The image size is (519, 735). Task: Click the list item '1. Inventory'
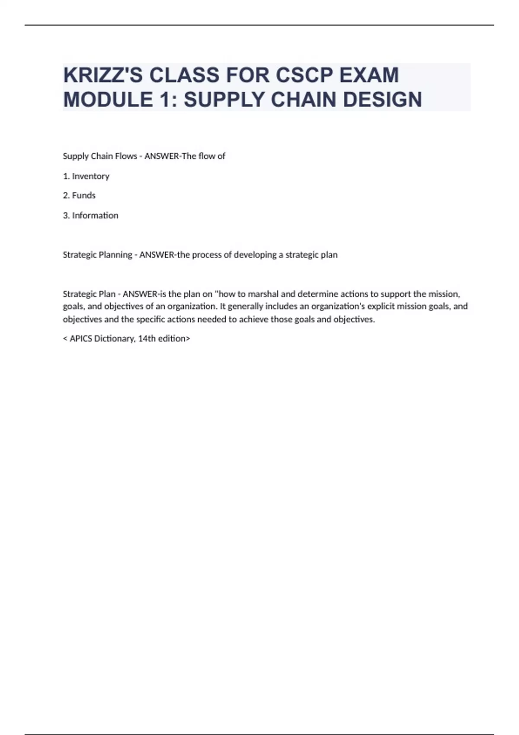click(86, 176)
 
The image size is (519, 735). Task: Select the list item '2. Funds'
click(79, 195)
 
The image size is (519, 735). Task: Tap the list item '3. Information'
click(90, 215)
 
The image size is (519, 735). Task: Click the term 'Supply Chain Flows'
click(100, 156)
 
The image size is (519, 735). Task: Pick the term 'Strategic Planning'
click(97, 255)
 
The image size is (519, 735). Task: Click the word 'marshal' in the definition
click(263, 294)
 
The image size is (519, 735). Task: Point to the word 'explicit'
click(381, 307)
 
